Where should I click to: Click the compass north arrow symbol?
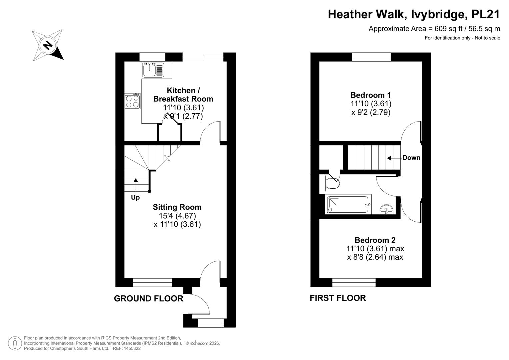48,45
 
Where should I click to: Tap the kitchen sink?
153,70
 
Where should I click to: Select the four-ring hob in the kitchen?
132,101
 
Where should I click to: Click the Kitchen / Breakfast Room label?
183,95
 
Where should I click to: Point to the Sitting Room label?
177,207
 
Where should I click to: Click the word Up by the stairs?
135,197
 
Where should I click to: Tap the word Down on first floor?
411,158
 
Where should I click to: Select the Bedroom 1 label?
371,95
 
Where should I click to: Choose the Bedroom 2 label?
375,240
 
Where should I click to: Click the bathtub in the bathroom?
348,205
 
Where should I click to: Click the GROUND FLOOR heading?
149,299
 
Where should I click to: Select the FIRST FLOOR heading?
338,298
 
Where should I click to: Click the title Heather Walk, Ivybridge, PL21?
414,14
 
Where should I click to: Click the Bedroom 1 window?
371,57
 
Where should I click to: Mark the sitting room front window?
152,283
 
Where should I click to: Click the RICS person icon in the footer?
15,343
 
